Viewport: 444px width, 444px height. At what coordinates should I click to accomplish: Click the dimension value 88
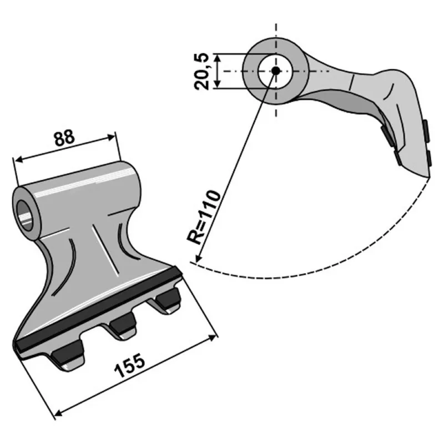click(64, 138)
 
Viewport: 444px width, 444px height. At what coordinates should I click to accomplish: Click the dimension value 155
click(129, 365)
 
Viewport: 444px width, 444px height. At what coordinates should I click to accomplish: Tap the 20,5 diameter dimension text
click(201, 72)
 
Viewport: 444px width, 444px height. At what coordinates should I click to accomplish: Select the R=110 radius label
click(203, 217)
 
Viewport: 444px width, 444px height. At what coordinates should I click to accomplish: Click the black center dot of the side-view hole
click(275, 71)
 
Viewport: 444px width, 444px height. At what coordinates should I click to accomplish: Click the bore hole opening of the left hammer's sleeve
click(24, 215)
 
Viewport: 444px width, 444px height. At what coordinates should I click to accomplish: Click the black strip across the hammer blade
click(98, 309)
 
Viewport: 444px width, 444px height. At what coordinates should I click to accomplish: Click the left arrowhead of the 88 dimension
click(19, 160)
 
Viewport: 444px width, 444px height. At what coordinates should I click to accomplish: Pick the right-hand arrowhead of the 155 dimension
click(213, 337)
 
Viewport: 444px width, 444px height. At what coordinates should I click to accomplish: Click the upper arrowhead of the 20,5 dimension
click(217, 58)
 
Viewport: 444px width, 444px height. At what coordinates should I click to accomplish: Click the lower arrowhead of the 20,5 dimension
click(217, 84)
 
